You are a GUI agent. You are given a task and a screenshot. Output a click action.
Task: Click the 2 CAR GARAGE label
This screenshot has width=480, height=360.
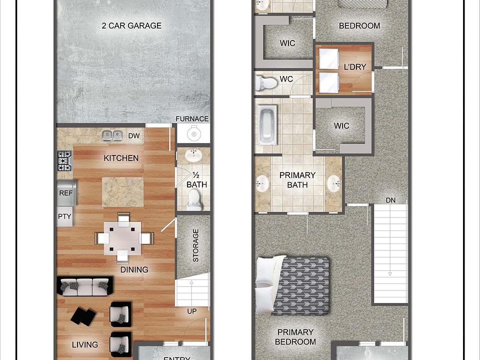pos(131,25)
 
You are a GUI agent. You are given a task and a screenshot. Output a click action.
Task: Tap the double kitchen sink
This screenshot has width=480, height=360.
pos(112,135)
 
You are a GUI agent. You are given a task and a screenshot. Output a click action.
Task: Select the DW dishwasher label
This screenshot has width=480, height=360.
pos(133,135)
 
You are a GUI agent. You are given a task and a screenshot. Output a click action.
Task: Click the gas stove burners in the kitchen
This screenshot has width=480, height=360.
pos(64,161)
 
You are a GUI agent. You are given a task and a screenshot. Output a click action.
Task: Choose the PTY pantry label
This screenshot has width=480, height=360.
pos(64,216)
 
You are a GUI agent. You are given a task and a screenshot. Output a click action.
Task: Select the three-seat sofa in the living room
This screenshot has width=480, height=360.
pos(84,286)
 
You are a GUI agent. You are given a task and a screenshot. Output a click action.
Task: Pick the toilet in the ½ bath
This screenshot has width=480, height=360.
pos(193,201)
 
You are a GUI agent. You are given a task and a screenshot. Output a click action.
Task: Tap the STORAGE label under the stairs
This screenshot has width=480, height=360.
pos(195,245)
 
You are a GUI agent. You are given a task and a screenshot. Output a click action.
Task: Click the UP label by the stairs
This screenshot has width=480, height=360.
pos(191,311)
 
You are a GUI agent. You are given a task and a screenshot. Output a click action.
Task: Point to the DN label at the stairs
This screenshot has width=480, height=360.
pos(390,200)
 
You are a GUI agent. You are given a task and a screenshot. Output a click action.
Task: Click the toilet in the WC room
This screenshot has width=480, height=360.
pos(265,82)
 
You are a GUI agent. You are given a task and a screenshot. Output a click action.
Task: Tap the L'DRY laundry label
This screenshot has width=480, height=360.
pos(355,66)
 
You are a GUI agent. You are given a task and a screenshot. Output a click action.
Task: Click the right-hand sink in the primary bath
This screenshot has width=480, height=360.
pos(334,183)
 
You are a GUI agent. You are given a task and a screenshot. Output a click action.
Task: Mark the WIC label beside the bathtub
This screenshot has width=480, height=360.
pos(342,126)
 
